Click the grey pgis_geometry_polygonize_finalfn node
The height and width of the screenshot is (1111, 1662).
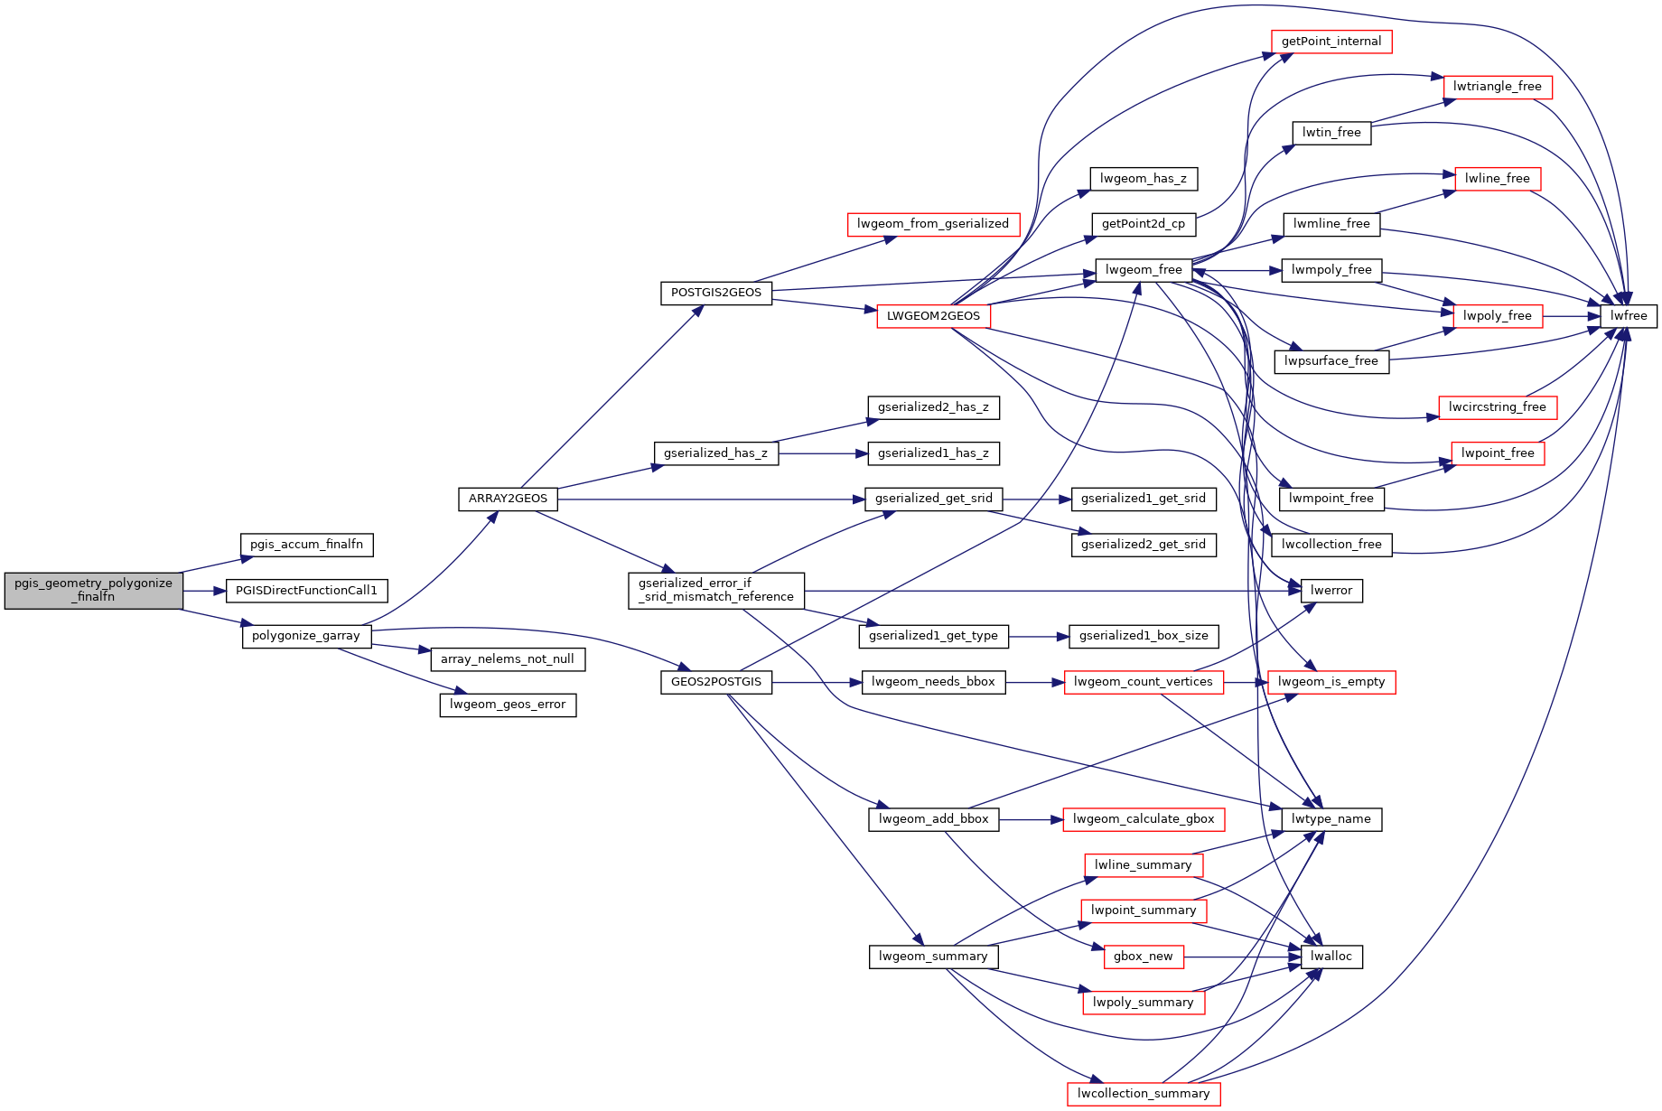pyautogui.click(x=93, y=590)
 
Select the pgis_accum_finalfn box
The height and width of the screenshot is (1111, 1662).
pyautogui.click(x=306, y=545)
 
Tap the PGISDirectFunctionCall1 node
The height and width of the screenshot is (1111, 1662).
pyautogui.click(x=306, y=591)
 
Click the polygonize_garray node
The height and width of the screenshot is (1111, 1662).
pyautogui.click(x=306, y=636)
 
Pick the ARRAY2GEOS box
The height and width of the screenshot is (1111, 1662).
pyautogui.click(x=508, y=499)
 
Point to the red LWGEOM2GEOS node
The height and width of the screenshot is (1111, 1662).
pyautogui.click(x=933, y=316)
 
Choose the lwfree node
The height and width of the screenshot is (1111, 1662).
pyautogui.click(x=1629, y=316)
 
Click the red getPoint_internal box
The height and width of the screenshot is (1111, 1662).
pyautogui.click(x=1331, y=42)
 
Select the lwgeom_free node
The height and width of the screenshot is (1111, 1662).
pyautogui.click(x=1143, y=270)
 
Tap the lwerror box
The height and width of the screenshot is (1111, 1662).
pyautogui.click(x=1331, y=591)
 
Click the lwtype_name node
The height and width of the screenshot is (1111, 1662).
pyautogui.click(x=1331, y=819)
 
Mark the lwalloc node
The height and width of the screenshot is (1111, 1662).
pyautogui.click(x=1331, y=957)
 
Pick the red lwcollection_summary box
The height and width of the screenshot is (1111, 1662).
pyautogui.click(x=1144, y=1094)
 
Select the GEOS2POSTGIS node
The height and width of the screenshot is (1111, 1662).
pyautogui.click(x=716, y=682)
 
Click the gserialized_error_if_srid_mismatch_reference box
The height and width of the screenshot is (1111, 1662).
pyautogui.click(x=716, y=591)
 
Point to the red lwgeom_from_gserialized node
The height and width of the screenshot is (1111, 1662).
pyautogui.click(x=933, y=224)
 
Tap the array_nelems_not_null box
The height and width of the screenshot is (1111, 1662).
pyautogui.click(x=508, y=659)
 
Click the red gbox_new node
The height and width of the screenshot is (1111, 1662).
pyautogui.click(x=1144, y=957)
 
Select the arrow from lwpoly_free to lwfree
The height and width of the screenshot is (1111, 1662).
pyautogui.click(x=1572, y=316)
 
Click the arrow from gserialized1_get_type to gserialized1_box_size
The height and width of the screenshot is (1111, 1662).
pyautogui.click(x=1039, y=637)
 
